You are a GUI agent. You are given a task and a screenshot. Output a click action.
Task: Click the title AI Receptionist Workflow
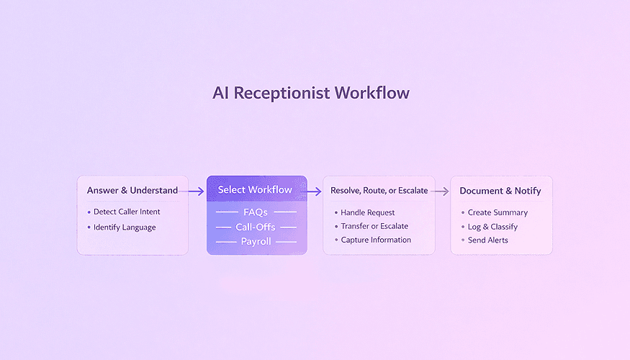click(311, 94)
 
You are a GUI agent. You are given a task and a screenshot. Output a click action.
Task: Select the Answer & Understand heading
click(132, 191)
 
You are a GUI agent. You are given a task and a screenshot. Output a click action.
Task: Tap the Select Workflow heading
click(255, 190)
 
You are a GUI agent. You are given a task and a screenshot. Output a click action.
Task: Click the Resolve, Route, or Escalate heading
click(379, 191)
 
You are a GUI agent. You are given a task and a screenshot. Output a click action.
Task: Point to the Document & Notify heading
click(500, 191)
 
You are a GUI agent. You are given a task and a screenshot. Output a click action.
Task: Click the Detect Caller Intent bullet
click(127, 212)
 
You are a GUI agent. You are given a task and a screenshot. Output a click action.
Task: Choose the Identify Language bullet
click(125, 228)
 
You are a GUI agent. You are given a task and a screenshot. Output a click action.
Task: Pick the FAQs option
click(256, 212)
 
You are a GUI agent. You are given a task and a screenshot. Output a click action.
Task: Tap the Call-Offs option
click(256, 228)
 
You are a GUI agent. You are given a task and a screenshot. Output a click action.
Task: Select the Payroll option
click(256, 242)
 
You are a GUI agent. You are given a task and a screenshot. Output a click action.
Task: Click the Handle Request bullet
click(368, 212)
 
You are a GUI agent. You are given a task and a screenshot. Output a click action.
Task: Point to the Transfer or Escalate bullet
click(374, 226)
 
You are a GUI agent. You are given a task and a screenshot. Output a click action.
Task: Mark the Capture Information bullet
click(376, 240)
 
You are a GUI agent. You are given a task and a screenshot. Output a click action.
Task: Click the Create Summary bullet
click(498, 212)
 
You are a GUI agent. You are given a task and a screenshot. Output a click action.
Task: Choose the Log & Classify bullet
click(492, 227)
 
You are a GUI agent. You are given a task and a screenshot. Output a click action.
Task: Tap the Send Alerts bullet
click(488, 240)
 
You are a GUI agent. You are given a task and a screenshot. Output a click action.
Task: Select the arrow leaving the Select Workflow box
click(314, 192)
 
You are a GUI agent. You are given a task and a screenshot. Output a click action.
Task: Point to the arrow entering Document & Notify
click(440, 192)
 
